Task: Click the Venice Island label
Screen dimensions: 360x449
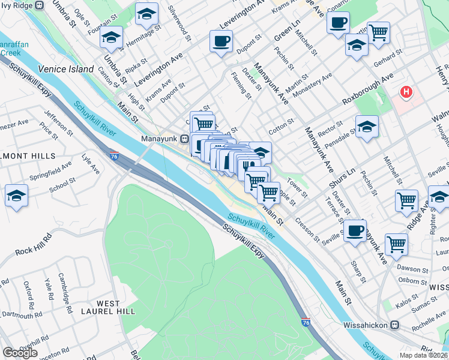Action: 66,69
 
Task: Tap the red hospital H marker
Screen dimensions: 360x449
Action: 406,92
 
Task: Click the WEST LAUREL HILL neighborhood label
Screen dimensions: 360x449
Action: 109,307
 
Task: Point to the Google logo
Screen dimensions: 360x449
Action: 20,353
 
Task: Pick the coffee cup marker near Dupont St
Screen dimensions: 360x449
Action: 221,41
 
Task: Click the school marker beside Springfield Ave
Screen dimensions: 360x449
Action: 16,196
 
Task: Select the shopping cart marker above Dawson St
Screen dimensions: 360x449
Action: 396,244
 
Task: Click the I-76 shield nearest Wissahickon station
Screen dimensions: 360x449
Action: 306,323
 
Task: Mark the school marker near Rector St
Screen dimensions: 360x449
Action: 367,127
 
